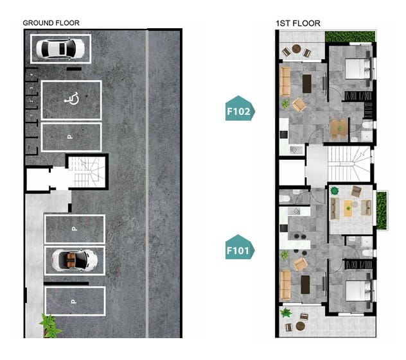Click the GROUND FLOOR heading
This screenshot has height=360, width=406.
coord(51,23)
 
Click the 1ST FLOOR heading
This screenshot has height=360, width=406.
coord(298,24)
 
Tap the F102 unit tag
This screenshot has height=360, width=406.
coord(240,108)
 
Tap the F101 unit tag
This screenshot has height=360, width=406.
coord(240,247)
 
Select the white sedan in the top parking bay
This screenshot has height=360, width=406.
coord(60,48)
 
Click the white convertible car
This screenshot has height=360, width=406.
coord(75,260)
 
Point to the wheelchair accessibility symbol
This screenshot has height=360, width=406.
coord(72,98)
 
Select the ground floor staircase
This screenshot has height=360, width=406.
coord(87,172)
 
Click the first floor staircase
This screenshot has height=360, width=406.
coord(349,164)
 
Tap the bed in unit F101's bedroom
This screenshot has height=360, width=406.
coord(359,291)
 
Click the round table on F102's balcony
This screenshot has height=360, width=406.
coord(297,49)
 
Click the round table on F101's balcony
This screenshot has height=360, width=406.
coord(301,326)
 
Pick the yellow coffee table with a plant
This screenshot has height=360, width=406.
coord(348,208)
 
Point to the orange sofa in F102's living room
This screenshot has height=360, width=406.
coord(285,81)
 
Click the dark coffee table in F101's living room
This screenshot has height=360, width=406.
coord(305,284)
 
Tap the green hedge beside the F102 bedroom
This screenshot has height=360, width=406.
coord(350,36)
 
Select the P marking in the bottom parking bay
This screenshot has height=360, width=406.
coord(74,302)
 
